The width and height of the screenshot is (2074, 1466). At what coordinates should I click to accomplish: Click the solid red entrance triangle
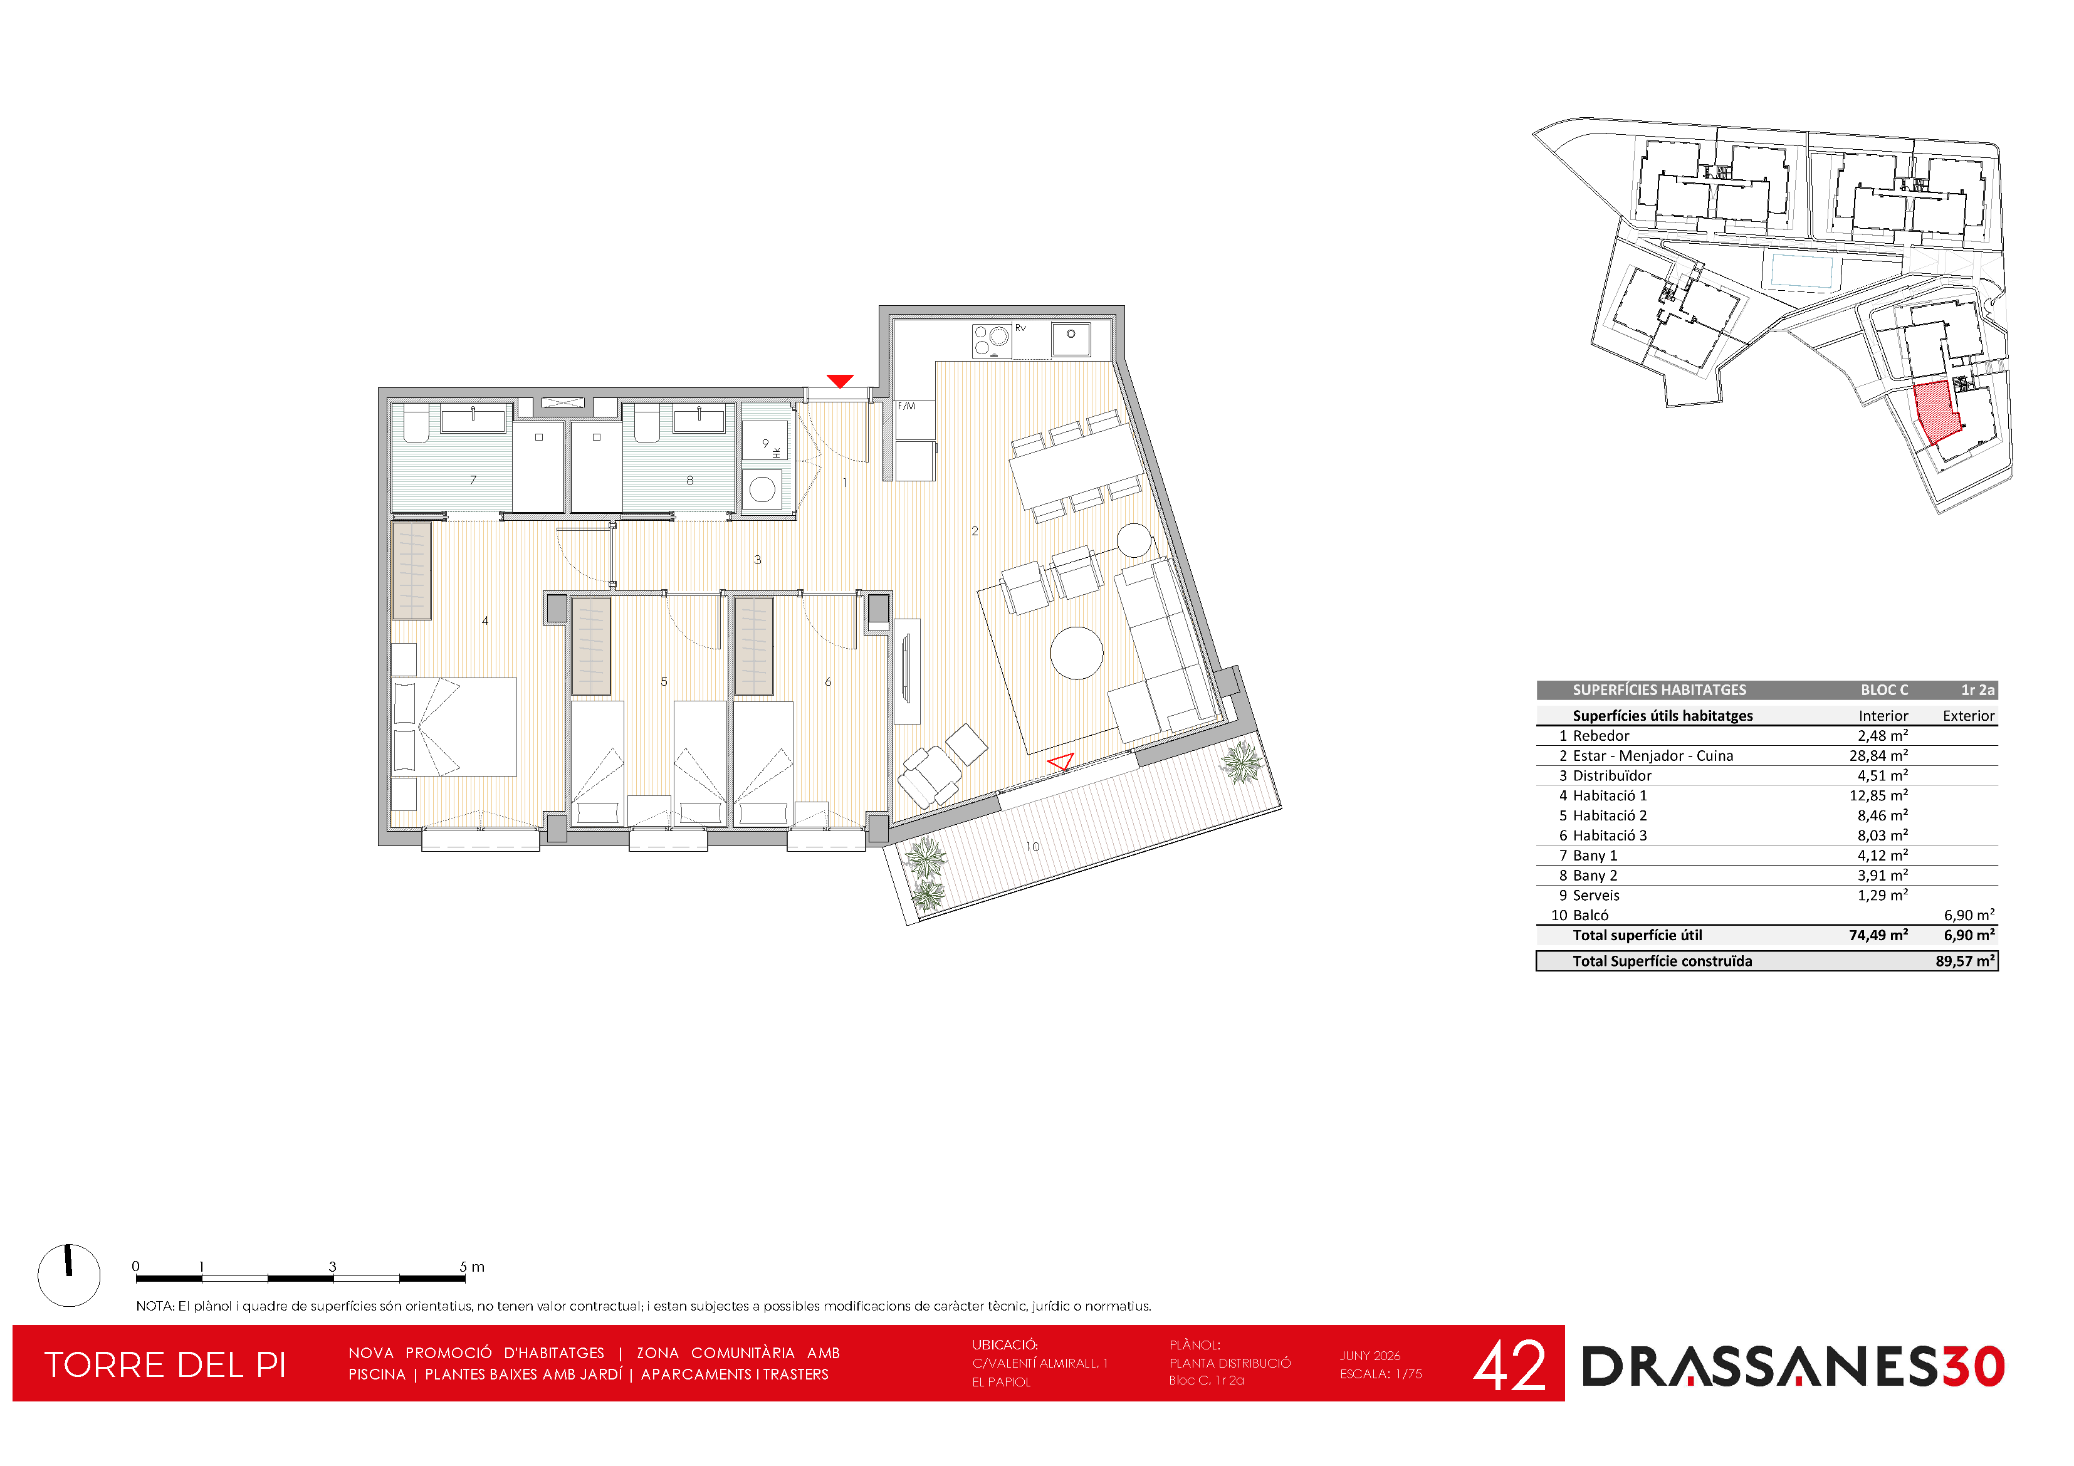tap(840, 381)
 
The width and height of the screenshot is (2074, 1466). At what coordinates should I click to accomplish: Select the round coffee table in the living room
tap(1077, 652)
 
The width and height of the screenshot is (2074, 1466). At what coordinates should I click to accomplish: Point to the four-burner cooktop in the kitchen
tap(992, 340)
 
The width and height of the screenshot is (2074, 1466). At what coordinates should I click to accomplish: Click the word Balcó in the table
tap(1591, 916)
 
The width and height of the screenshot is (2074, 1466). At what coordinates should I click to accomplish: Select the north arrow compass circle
tap(69, 1275)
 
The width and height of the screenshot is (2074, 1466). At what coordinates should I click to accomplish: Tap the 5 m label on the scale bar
tap(471, 1267)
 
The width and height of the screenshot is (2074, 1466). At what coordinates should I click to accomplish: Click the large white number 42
tap(1509, 1366)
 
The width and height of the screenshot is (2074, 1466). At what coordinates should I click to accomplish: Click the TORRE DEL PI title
tap(165, 1366)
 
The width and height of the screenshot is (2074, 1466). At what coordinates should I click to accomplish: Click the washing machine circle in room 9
tap(762, 490)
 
